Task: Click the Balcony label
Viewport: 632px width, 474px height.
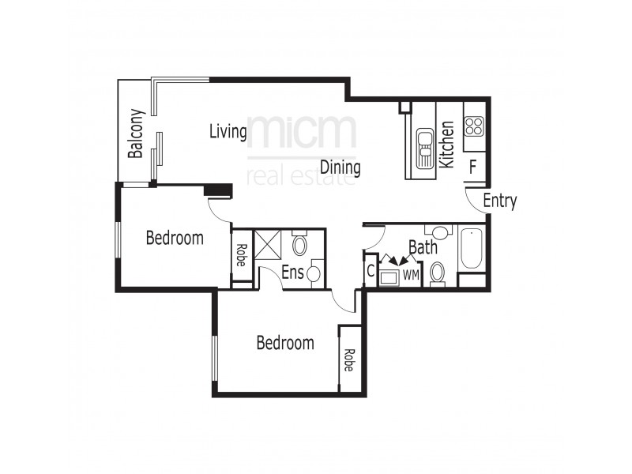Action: click(136, 134)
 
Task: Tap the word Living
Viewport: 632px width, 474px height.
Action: click(228, 131)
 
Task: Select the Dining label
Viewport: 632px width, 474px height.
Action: click(340, 167)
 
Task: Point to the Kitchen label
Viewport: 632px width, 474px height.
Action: click(446, 144)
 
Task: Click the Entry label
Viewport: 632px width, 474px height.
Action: click(499, 201)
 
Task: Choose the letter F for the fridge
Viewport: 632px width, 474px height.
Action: click(472, 167)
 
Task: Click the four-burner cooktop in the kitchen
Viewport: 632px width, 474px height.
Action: click(474, 126)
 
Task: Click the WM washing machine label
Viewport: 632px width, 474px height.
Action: click(410, 275)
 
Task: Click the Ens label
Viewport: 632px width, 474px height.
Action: click(292, 272)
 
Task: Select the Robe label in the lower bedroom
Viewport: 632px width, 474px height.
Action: click(348, 360)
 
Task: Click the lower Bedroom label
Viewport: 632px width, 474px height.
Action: click(285, 343)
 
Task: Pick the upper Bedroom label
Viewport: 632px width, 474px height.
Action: click(175, 237)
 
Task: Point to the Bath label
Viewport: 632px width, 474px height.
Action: click(423, 247)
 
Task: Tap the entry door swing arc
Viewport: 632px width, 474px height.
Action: click(474, 201)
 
